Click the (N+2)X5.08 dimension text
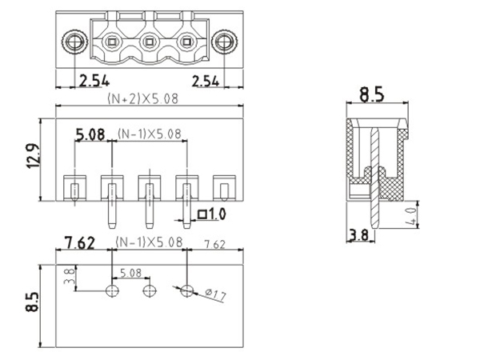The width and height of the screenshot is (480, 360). pyautogui.click(x=142, y=99)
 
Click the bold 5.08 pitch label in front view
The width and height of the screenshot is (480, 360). pyautogui.click(x=90, y=134)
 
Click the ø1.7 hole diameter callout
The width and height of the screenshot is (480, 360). pyautogui.click(x=215, y=296)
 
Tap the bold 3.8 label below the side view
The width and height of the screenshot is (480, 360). pyautogui.click(x=358, y=235)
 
